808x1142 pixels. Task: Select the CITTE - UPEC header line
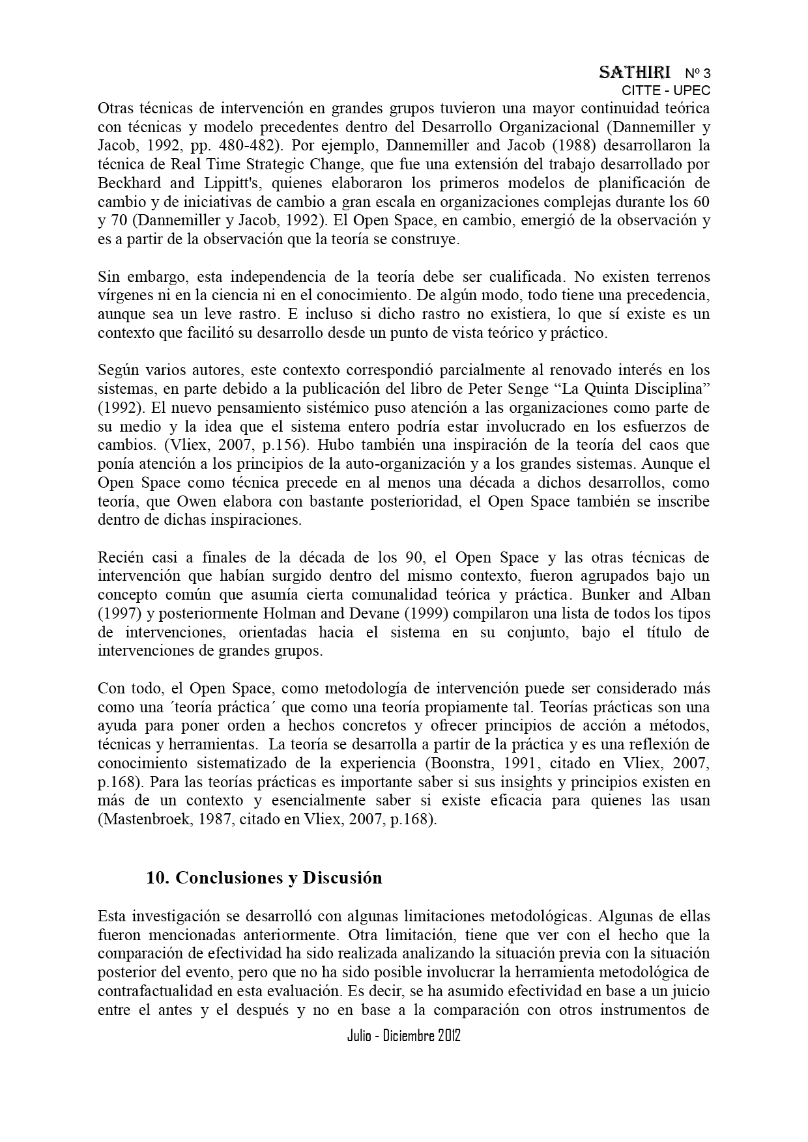point(666,91)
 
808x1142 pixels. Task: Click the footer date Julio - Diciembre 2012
point(404,1036)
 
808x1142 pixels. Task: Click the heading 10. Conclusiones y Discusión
point(264,878)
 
